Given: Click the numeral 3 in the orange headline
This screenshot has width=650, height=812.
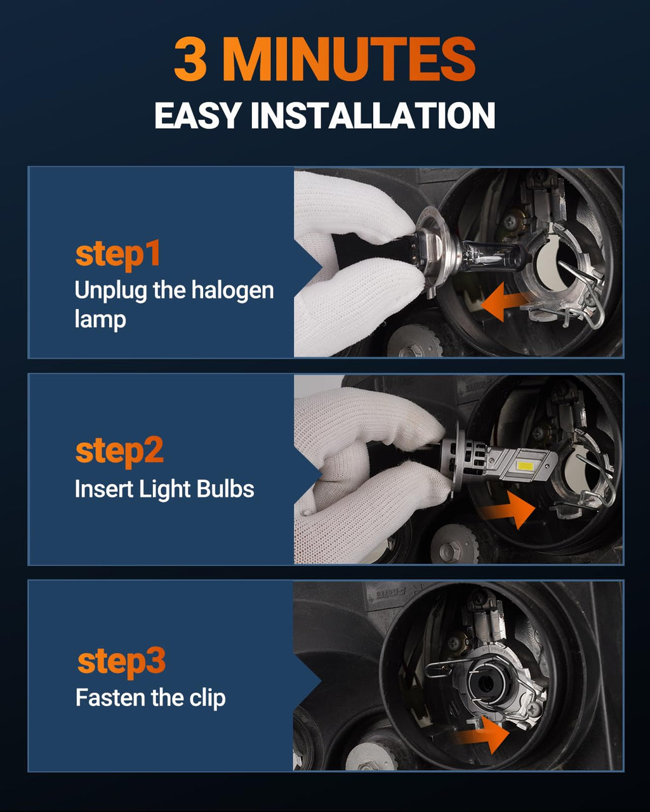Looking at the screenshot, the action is tap(190, 59).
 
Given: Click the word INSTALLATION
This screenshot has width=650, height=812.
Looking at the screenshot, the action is tap(373, 115).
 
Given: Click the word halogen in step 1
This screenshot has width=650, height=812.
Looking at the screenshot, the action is tap(232, 292).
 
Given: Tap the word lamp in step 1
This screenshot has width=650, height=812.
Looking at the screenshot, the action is tap(100, 320).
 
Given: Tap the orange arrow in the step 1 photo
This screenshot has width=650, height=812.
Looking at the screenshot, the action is tap(504, 303).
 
